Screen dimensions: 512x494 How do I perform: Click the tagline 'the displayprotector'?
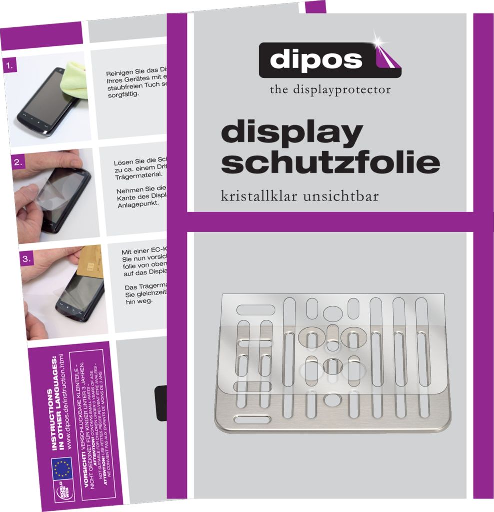tap(330, 90)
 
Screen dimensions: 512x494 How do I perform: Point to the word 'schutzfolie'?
tap(330, 162)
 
